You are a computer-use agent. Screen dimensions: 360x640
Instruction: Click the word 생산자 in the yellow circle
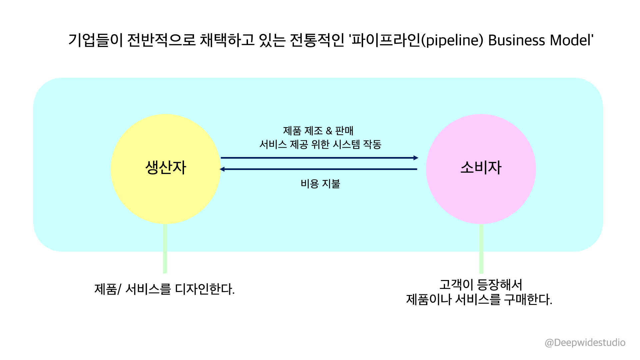click(x=166, y=167)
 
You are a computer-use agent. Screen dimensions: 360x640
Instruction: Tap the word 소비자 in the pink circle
click(x=481, y=167)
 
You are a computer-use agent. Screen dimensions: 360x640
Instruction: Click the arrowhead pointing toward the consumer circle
click(x=416, y=158)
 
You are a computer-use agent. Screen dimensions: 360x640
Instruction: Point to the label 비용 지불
click(x=320, y=184)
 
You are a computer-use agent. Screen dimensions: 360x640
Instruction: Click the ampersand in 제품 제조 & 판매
click(x=329, y=131)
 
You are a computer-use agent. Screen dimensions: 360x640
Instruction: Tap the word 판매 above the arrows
click(x=344, y=131)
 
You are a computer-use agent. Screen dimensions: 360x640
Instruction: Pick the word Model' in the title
click(x=571, y=40)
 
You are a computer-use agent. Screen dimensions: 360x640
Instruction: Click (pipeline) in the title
click(x=452, y=40)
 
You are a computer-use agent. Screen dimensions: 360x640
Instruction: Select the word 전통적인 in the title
click(x=317, y=40)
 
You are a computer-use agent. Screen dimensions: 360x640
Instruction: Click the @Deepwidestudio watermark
click(x=585, y=343)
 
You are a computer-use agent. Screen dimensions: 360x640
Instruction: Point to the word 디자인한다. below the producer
click(x=205, y=289)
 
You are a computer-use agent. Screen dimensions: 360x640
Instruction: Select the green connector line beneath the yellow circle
click(x=165, y=253)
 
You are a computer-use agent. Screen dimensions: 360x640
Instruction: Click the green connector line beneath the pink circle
click(x=481, y=253)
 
